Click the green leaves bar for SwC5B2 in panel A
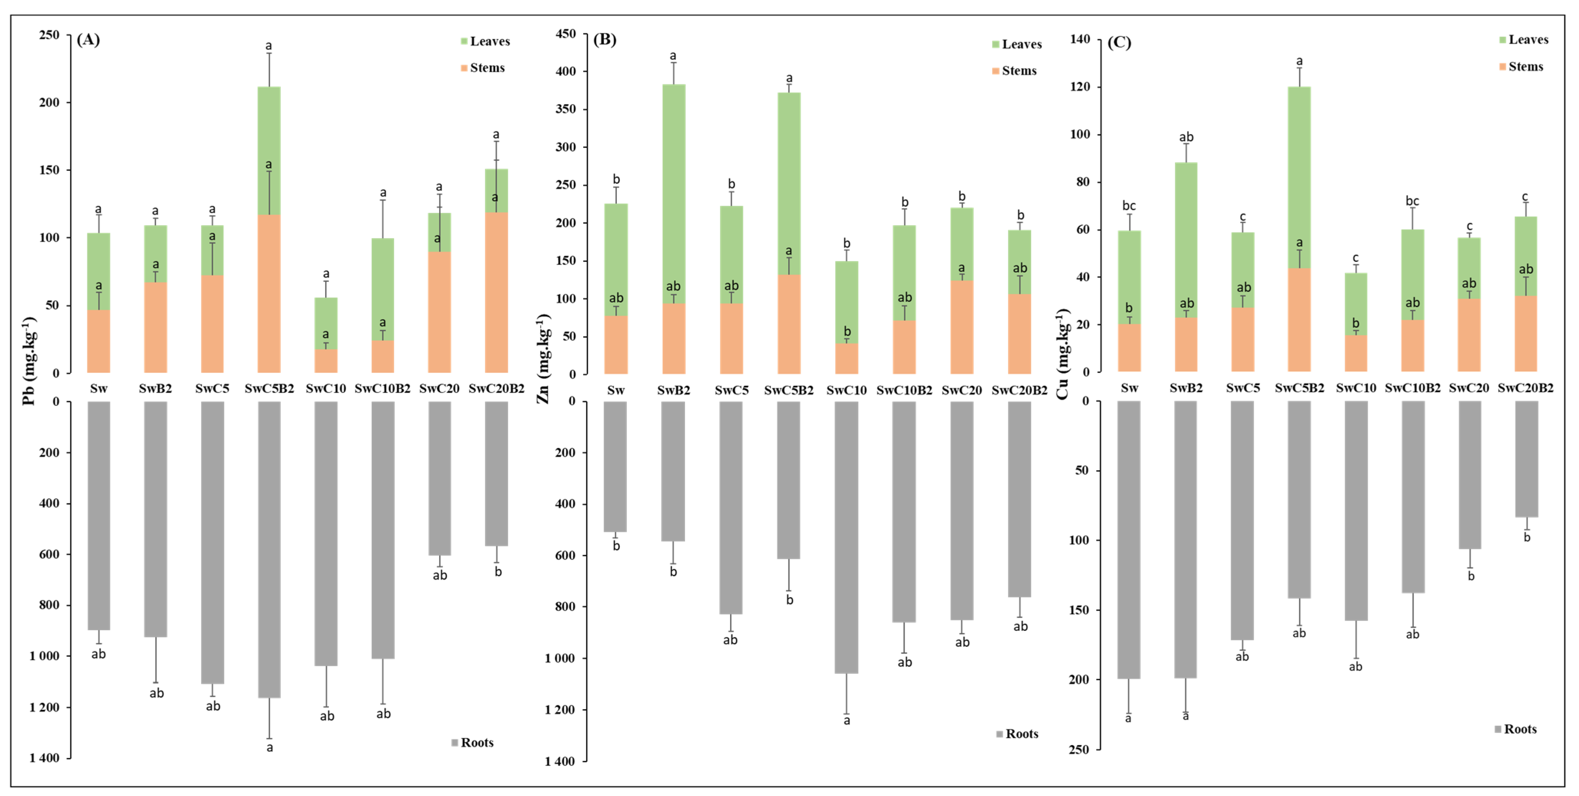click(269, 150)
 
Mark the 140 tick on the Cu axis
click(1080, 39)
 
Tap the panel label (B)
click(604, 40)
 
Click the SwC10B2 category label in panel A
click(383, 388)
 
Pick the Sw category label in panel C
click(1129, 388)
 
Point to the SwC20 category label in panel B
click(961, 390)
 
